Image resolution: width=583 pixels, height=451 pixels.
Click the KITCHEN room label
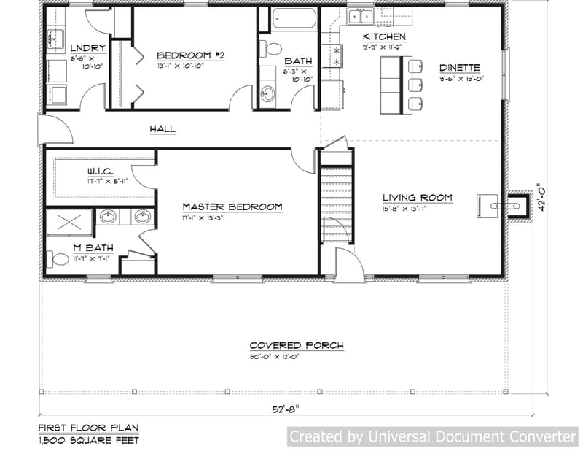(384, 36)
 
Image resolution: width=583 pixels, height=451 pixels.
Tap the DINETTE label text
(459, 67)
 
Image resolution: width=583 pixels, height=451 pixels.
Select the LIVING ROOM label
(418, 198)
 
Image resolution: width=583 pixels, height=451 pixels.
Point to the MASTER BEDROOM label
(232, 207)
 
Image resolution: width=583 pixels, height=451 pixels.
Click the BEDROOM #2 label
(189, 55)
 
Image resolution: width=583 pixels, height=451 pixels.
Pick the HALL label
(163, 129)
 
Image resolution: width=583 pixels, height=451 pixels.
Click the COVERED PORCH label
(297, 345)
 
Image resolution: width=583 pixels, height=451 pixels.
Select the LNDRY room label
(89, 48)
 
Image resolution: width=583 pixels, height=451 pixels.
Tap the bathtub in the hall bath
(294, 19)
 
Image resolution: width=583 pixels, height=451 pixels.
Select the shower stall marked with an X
(70, 223)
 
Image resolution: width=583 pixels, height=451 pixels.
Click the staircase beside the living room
(336, 204)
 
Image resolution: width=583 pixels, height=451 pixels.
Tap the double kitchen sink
(360, 18)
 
